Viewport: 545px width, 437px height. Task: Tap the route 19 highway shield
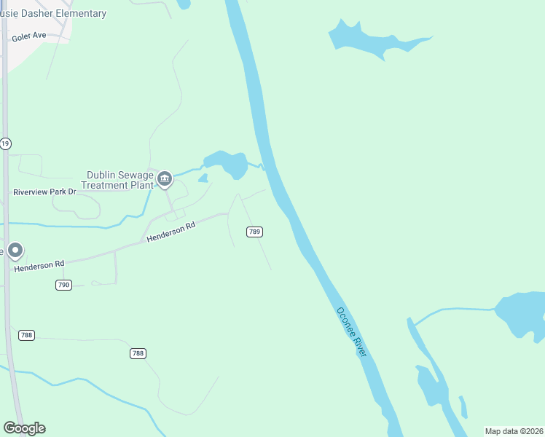tap(5, 143)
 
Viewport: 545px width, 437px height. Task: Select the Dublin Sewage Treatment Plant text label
tap(120, 180)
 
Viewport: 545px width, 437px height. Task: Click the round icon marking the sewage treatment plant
tap(165, 178)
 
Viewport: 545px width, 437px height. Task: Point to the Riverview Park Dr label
tap(44, 192)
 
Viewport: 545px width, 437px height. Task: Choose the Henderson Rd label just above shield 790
tap(39, 265)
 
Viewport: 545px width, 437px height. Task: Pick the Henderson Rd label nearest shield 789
tap(171, 232)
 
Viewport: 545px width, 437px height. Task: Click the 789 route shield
tap(254, 232)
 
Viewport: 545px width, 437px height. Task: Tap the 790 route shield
tap(63, 285)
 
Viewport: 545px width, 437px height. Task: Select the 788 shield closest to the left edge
tap(27, 335)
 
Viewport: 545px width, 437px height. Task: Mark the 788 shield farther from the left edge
tap(138, 353)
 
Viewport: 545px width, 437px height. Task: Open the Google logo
tap(24, 428)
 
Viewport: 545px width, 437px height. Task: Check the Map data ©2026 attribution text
tap(514, 431)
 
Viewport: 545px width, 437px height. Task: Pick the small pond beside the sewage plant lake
tap(203, 178)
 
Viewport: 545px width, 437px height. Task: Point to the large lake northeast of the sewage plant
tap(231, 163)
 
